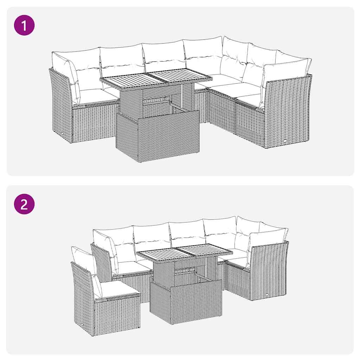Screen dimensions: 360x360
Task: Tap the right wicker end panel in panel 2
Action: click(x=269, y=271)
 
